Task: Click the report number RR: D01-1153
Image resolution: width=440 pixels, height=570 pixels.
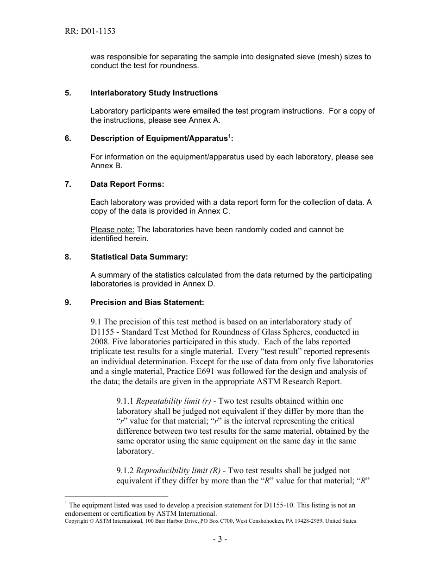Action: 90,32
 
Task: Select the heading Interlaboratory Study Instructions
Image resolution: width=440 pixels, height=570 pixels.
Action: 154,93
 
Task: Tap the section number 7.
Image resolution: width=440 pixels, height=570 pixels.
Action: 68,184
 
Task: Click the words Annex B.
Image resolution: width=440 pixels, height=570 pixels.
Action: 106,166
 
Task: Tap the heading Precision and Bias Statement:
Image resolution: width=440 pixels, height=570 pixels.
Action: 147,303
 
